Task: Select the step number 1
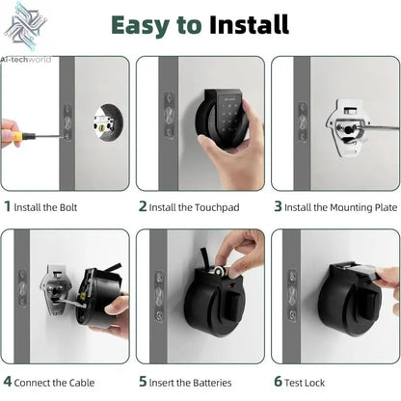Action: coord(8,205)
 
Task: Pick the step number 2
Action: coord(143,205)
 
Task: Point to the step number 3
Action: coord(278,205)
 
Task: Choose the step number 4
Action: coord(8,381)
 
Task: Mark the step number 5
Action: coord(143,381)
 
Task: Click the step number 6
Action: coord(278,381)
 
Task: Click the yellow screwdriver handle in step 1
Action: coord(10,134)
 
